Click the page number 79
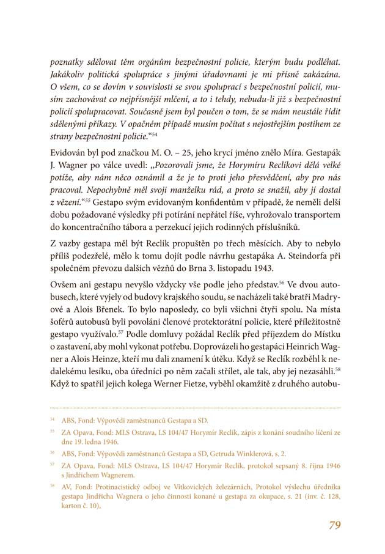[334, 525]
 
